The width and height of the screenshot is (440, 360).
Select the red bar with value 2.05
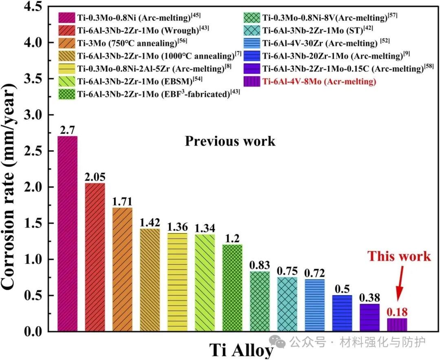95,257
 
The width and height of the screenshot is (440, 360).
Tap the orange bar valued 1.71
122,269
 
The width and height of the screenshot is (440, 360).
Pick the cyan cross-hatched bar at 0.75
287,304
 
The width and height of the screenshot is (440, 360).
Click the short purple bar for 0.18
397,325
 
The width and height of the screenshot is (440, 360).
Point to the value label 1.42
150,223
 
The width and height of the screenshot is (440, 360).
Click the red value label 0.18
397,312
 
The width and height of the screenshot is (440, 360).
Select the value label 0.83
260,265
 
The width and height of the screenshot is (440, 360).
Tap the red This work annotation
399,256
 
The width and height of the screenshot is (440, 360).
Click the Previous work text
230,141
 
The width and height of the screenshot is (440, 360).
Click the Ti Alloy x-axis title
241,350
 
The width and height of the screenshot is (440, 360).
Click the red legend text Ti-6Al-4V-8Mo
319,82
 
